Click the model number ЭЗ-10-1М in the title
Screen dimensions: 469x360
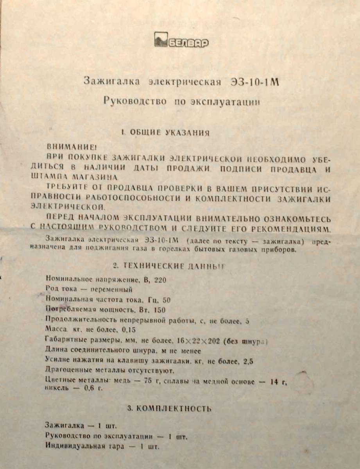(x=256, y=82)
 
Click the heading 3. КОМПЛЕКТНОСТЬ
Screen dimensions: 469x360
(x=170, y=409)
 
